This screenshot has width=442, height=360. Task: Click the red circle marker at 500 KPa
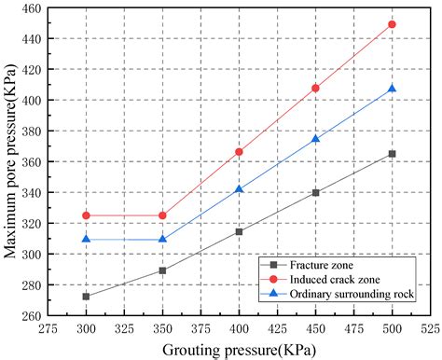(392, 24)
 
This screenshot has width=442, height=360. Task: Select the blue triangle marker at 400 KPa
(239, 189)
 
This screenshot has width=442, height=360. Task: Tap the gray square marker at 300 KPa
(86, 297)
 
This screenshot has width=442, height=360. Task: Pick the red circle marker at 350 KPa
(162, 215)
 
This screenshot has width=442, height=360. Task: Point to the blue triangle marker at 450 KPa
(315, 139)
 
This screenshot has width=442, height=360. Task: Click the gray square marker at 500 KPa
(392, 154)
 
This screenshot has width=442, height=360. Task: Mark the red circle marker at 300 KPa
(86, 215)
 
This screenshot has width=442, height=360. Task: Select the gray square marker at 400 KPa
(239, 231)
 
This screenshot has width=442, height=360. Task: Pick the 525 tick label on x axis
(430, 329)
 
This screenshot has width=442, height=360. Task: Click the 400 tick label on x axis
(239, 329)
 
